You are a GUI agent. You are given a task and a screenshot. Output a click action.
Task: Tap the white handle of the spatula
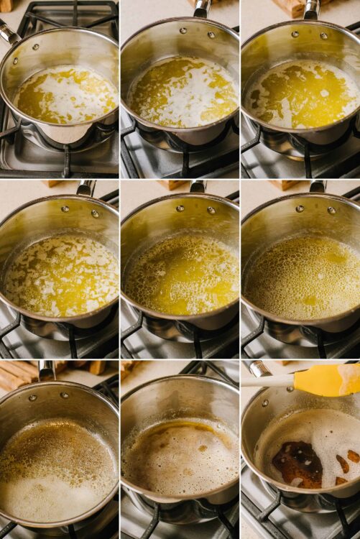point(267,382)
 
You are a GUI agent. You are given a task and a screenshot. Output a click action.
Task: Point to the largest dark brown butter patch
point(298,463)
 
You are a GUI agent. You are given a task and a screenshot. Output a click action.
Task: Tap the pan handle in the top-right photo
point(311,9)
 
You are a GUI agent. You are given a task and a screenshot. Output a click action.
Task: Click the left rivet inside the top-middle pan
point(182,31)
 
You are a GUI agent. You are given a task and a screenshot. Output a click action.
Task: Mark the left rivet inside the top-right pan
point(295,33)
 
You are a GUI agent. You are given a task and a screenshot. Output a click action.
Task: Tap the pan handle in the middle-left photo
point(86,188)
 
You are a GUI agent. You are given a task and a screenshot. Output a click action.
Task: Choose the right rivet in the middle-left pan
point(94,213)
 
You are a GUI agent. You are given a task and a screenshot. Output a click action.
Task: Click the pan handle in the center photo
point(198,186)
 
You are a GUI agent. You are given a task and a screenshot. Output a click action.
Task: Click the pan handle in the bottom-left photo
point(47,370)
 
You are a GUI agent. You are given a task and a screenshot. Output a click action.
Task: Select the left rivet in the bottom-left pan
point(32,397)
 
